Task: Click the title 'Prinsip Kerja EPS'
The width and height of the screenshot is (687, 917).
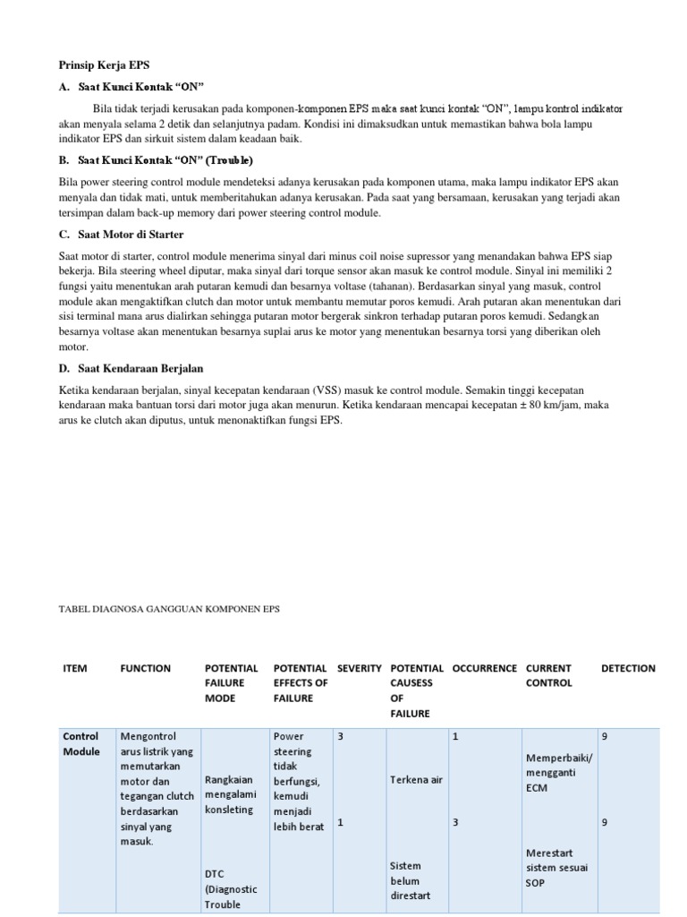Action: (105, 65)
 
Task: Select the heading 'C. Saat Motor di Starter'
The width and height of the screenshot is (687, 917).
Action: (121, 235)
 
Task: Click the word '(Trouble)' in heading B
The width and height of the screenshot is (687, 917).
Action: (231, 160)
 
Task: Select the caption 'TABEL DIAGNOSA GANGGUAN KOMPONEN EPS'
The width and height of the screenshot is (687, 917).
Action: (169, 609)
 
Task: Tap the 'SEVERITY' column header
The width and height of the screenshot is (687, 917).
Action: (360, 668)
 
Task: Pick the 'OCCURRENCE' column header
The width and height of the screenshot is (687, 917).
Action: (484, 668)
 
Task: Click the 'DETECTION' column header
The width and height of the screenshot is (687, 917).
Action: (628, 668)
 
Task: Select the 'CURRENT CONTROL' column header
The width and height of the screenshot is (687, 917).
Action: (548, 675)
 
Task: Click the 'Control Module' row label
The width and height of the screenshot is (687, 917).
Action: (81, 743)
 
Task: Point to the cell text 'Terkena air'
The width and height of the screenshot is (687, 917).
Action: (416, 780)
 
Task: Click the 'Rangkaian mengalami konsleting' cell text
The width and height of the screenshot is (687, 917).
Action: (231, 794)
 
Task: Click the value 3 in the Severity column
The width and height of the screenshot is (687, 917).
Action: (340, 736)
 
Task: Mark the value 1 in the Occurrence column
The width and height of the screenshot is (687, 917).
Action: (456, 736)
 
